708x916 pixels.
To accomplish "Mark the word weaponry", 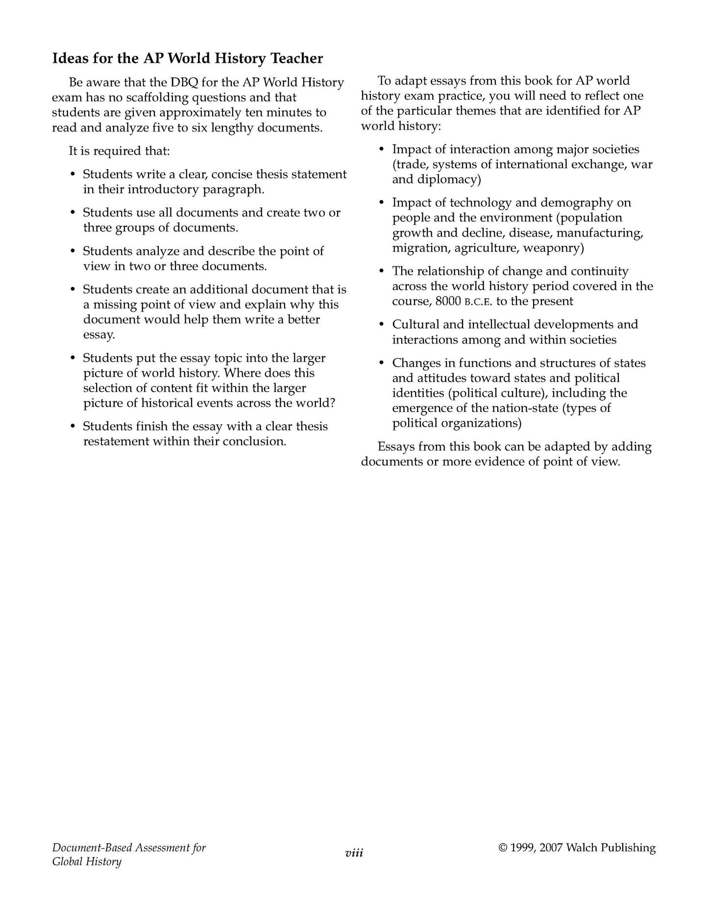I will pyautogui.click(x=553, y=247).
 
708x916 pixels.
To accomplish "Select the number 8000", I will pyautogui.click(x=448, y=301).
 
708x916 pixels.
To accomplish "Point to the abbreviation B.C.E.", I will pyautogui.click(x=478, y=302).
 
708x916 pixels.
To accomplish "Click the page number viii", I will pyautogui.click(x=354, y=853).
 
